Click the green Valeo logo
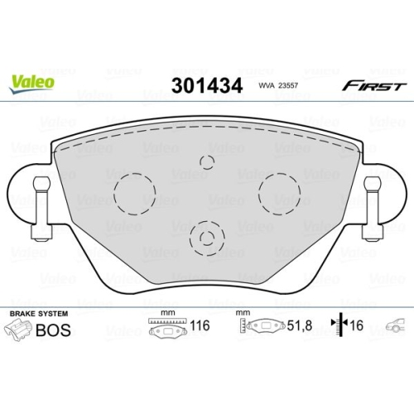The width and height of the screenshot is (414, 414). [31, 84]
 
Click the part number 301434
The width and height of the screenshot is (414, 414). [207, 85]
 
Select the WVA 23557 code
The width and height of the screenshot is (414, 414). [278, 85]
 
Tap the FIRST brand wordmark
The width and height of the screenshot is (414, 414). [374, 86]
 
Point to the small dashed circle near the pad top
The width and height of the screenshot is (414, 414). [207, 156]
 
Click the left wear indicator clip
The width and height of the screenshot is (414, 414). [41, 209]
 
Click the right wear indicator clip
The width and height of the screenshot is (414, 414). [373, 209]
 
